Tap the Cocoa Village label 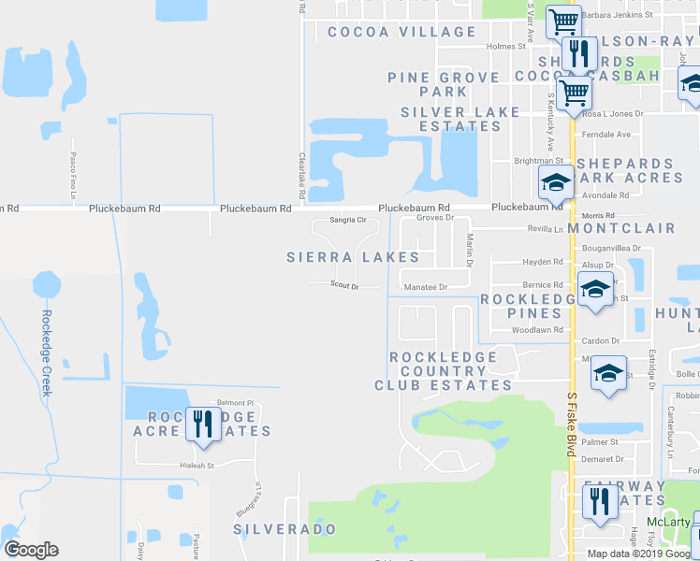click(402, 32)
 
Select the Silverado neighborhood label click(284, 529)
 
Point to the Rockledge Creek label click(45, 353)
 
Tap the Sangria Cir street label click(347, 221)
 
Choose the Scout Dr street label click(344, 286)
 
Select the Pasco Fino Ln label click(72, 176)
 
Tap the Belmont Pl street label click(236, 403)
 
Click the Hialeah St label click(197, 465)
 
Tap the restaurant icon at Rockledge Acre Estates click(202, 424)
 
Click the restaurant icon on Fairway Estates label click(597, 501)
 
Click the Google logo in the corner click(31, 550)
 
